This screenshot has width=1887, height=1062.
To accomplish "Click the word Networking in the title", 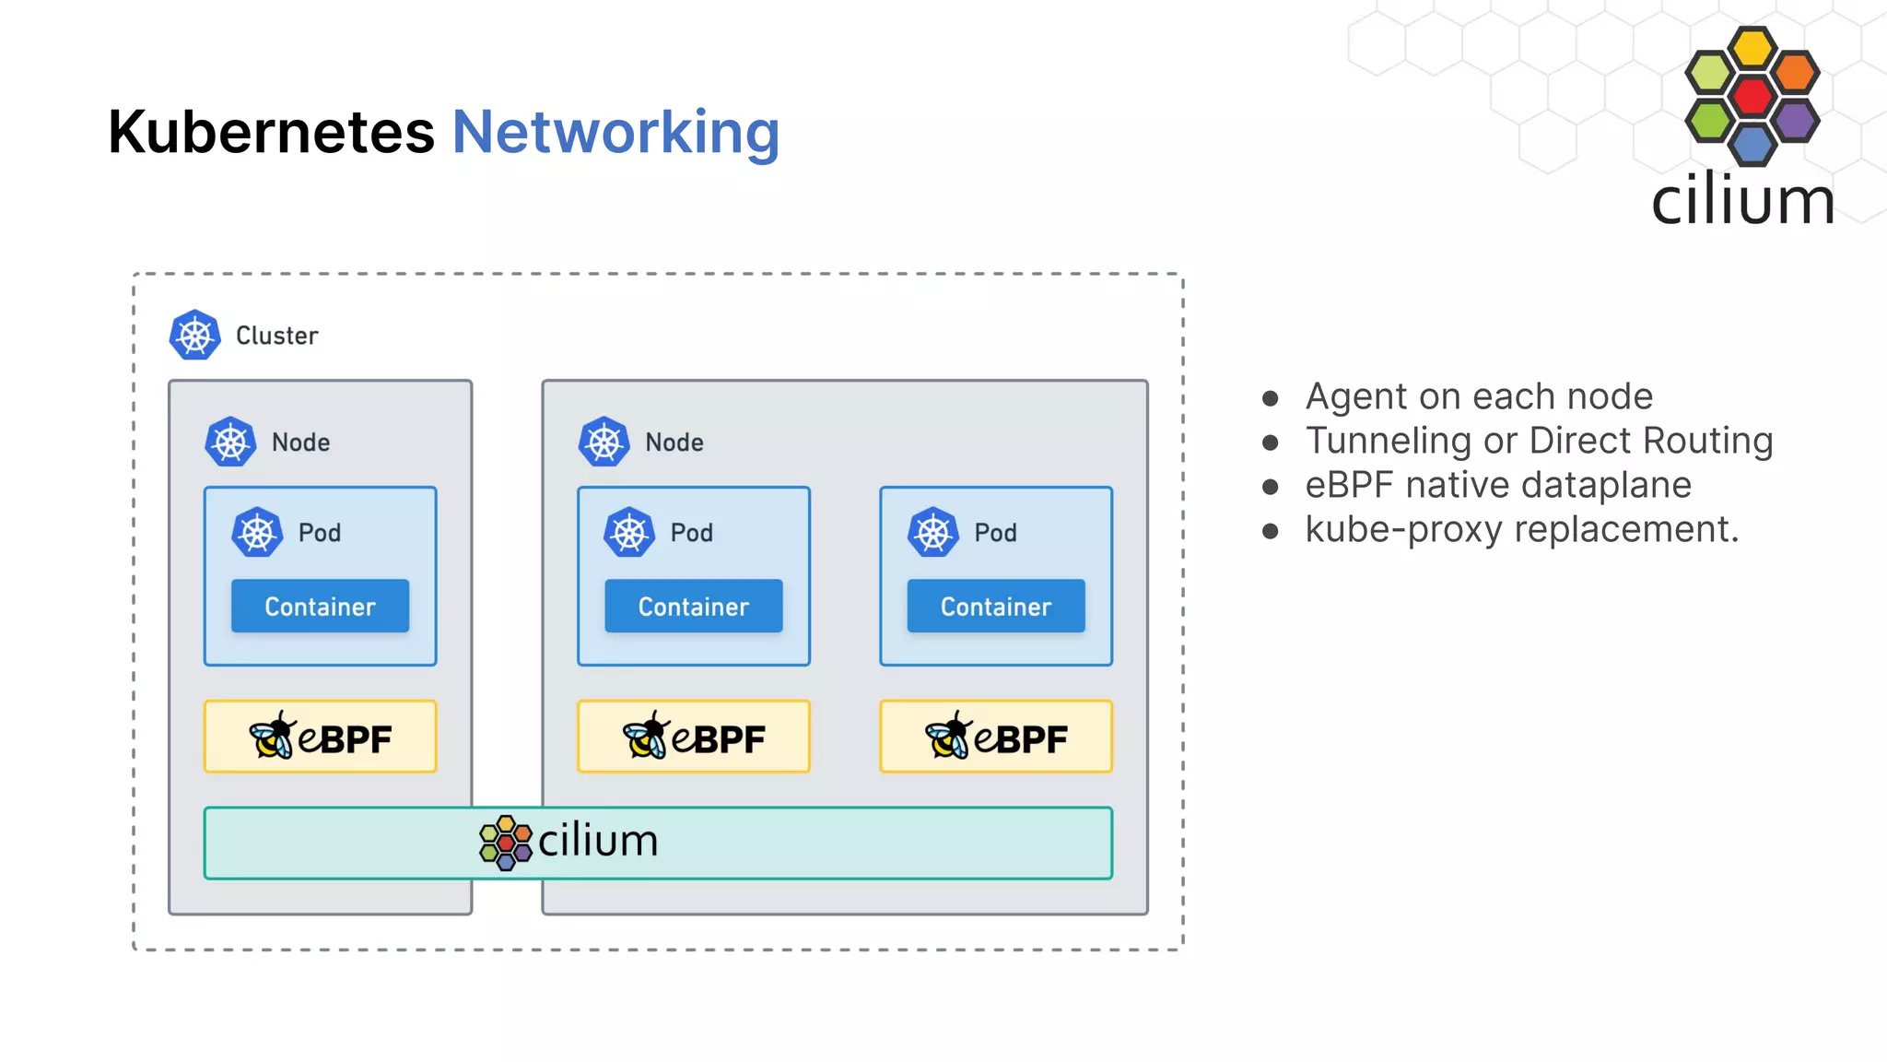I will pyautogui.click(x=615, y=132).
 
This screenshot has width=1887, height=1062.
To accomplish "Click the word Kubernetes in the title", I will pyautogui.click(x=271, y=132).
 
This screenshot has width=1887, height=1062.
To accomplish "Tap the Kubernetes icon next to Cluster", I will pyautogui.click(x=194, y=336).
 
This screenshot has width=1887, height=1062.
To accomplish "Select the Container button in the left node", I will pyautogui.click(x=320, y=607).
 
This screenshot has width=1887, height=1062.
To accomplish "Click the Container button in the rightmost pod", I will pyautogui.click(x=995, y=607).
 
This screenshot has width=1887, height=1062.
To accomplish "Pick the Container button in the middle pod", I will pyautogui.click(x=693, y=607).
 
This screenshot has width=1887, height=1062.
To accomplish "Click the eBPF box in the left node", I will pyautogui.click(x=320, y=737).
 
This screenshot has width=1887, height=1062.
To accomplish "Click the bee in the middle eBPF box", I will pyautogui.click(x=646, y=737).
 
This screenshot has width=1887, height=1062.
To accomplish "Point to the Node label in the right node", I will pyautogui.click(x=674, y=442).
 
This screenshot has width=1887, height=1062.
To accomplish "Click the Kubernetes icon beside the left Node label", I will pyautogui.click(x=230, y=442).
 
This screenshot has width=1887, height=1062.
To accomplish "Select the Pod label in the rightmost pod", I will pyautogui.click(x=995, y=533).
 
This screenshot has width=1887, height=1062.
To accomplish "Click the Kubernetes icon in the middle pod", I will pyautogui.click(x=629, y=533).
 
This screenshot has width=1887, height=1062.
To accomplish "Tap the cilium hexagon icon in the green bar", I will pyautogui.click(x=506, y=843).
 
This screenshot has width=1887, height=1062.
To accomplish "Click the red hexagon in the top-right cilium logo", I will pyautogui.click(x=1752, y=96).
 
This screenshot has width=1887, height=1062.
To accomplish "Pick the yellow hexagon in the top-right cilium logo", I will pyautogui.click(x=1752, y=48).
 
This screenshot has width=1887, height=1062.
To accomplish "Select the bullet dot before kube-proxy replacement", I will pyautogui.click(x=1271, y=531).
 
